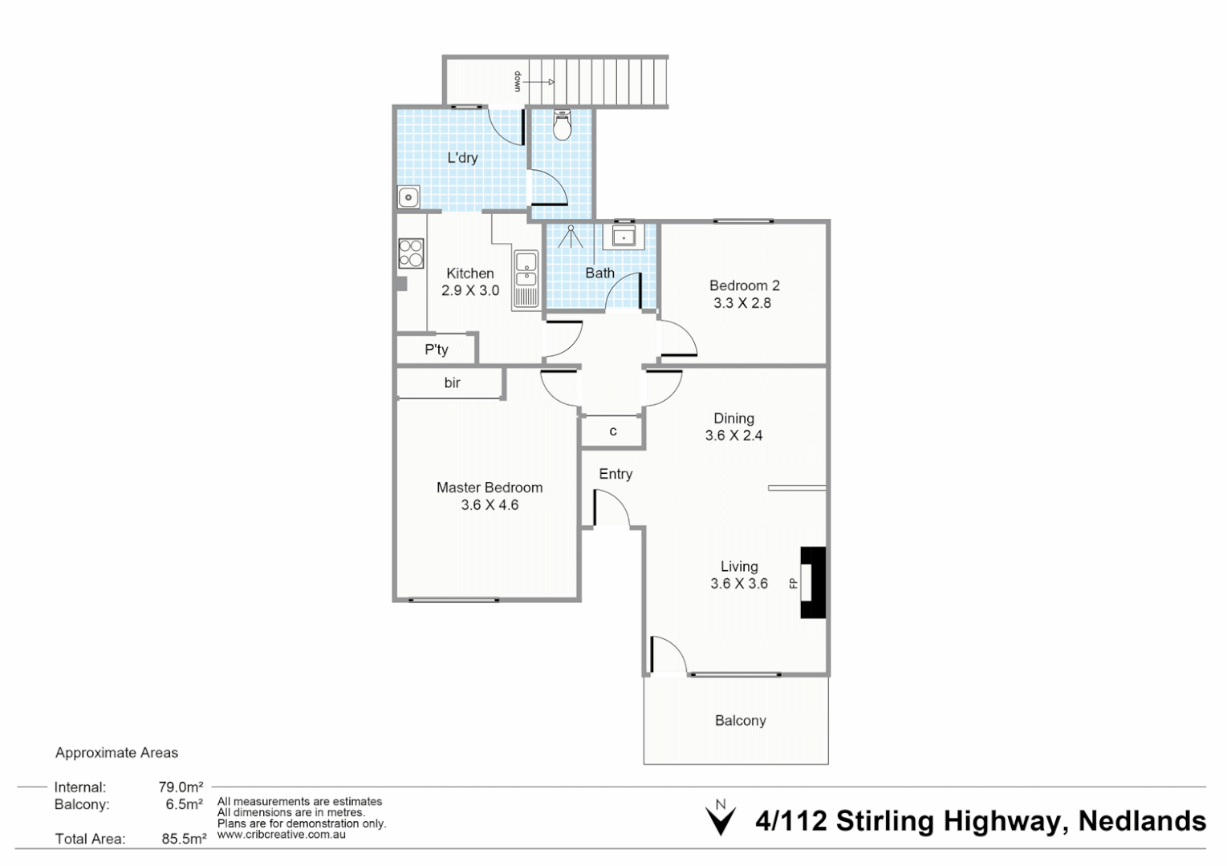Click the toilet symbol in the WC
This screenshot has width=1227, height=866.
pyautogui.click(x=563, y=126)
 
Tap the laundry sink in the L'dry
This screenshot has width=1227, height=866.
pyautogui.click(x=408, y=196)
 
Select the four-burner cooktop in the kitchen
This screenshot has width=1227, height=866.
pyautogui.click(x=411, y=253)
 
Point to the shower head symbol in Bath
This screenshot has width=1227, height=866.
pyautogui.click(x=571, y=236)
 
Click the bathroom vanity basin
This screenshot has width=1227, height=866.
pyautogui.click(x=624, y=236)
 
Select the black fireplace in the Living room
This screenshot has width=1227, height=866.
pyautogui.click(x=814, y=582)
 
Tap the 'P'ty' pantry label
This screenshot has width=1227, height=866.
pyautogui.click(x=437, y=350)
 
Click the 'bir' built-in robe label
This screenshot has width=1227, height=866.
pyautogui.click(x=452, y=383)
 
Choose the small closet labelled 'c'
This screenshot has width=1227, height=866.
pyautogui.click(x=612, y=431)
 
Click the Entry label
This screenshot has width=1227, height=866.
pyautogui.click(x=616, y=474)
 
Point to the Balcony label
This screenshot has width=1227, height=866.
pyautogui.click(x=740, y=721)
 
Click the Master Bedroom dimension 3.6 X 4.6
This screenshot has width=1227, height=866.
pyautogui.click(x=490, y=505)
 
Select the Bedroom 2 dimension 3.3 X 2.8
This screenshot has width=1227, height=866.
pyautogui.click(x=742, y=303)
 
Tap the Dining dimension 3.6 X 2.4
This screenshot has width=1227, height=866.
pyautogui.click(x=733, y=435)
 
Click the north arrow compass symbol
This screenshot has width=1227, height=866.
pyautogui.click(x=720, y=819)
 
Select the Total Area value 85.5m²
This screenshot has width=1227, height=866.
pyautogui.click(x=184, y=839)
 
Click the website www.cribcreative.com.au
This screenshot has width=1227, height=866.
pyautogui.click(x=282, y=835)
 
